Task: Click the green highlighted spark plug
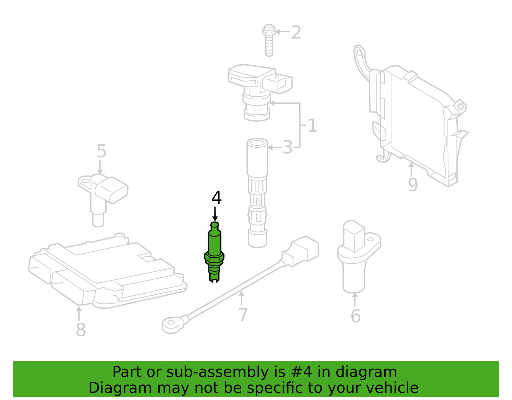point(214,252)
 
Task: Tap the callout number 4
point(216,198)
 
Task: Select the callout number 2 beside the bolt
point(296,32)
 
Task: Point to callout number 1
point(312,125)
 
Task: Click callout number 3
point(287,147)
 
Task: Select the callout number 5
point(101,151)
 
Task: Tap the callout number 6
point(356,316)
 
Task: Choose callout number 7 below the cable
point(243,314)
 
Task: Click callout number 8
point(81,330)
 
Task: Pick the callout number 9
point(413,184)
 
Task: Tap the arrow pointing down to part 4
point(215,214)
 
